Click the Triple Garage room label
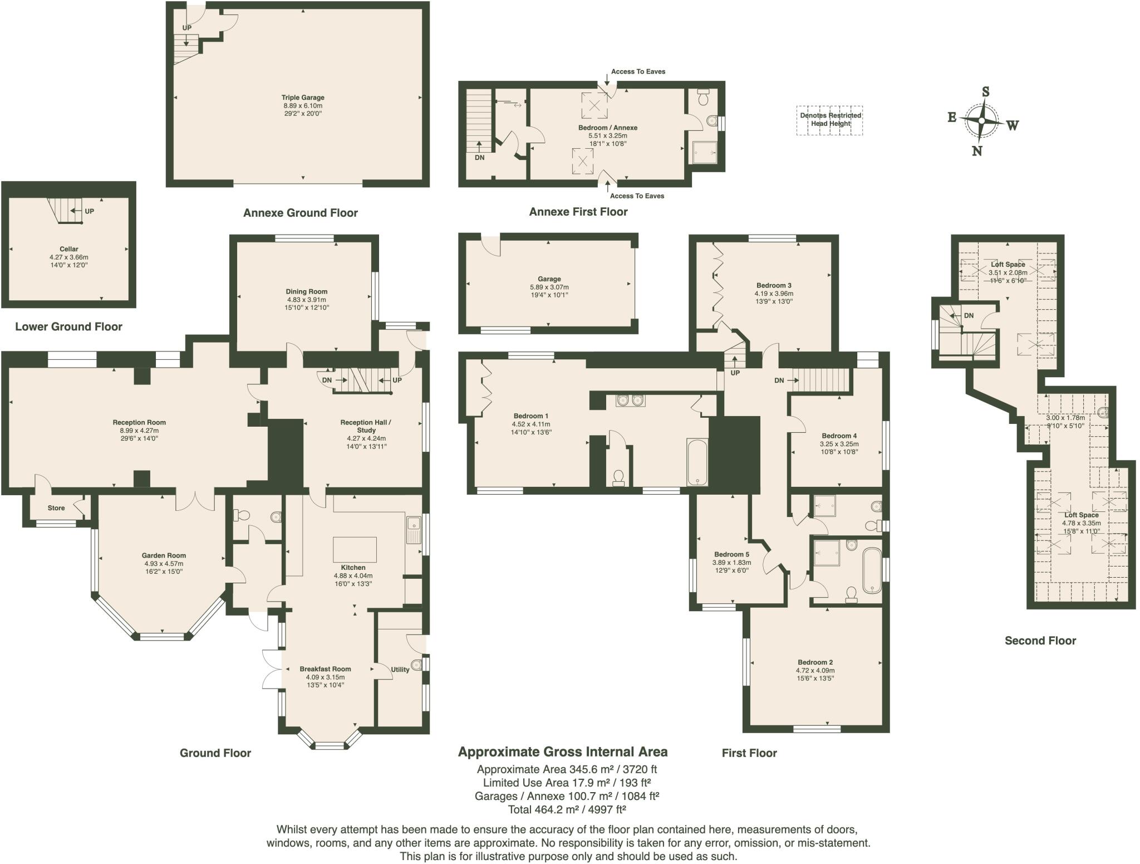coord(303,97)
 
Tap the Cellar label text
coord(69,249)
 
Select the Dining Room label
coord(307,291)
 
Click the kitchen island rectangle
coord(355,549)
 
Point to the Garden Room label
coord(164,555)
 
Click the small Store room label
coord(56,508)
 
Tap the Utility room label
coord(400,670)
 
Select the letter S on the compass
coord(985,92)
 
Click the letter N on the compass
coord(977,151)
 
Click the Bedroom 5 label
coord(732,554)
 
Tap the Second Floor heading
coord(1040,641)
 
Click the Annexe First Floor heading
coord(578,212)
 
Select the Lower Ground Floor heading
coord(68,327)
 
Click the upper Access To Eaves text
coord(638,71)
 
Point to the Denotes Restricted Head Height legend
coord(830,120)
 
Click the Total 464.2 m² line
coord(567,809)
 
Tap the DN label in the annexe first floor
coord(480,158)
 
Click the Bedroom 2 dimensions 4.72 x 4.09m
coord(815,671)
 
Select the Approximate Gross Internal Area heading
coord(562,752)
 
